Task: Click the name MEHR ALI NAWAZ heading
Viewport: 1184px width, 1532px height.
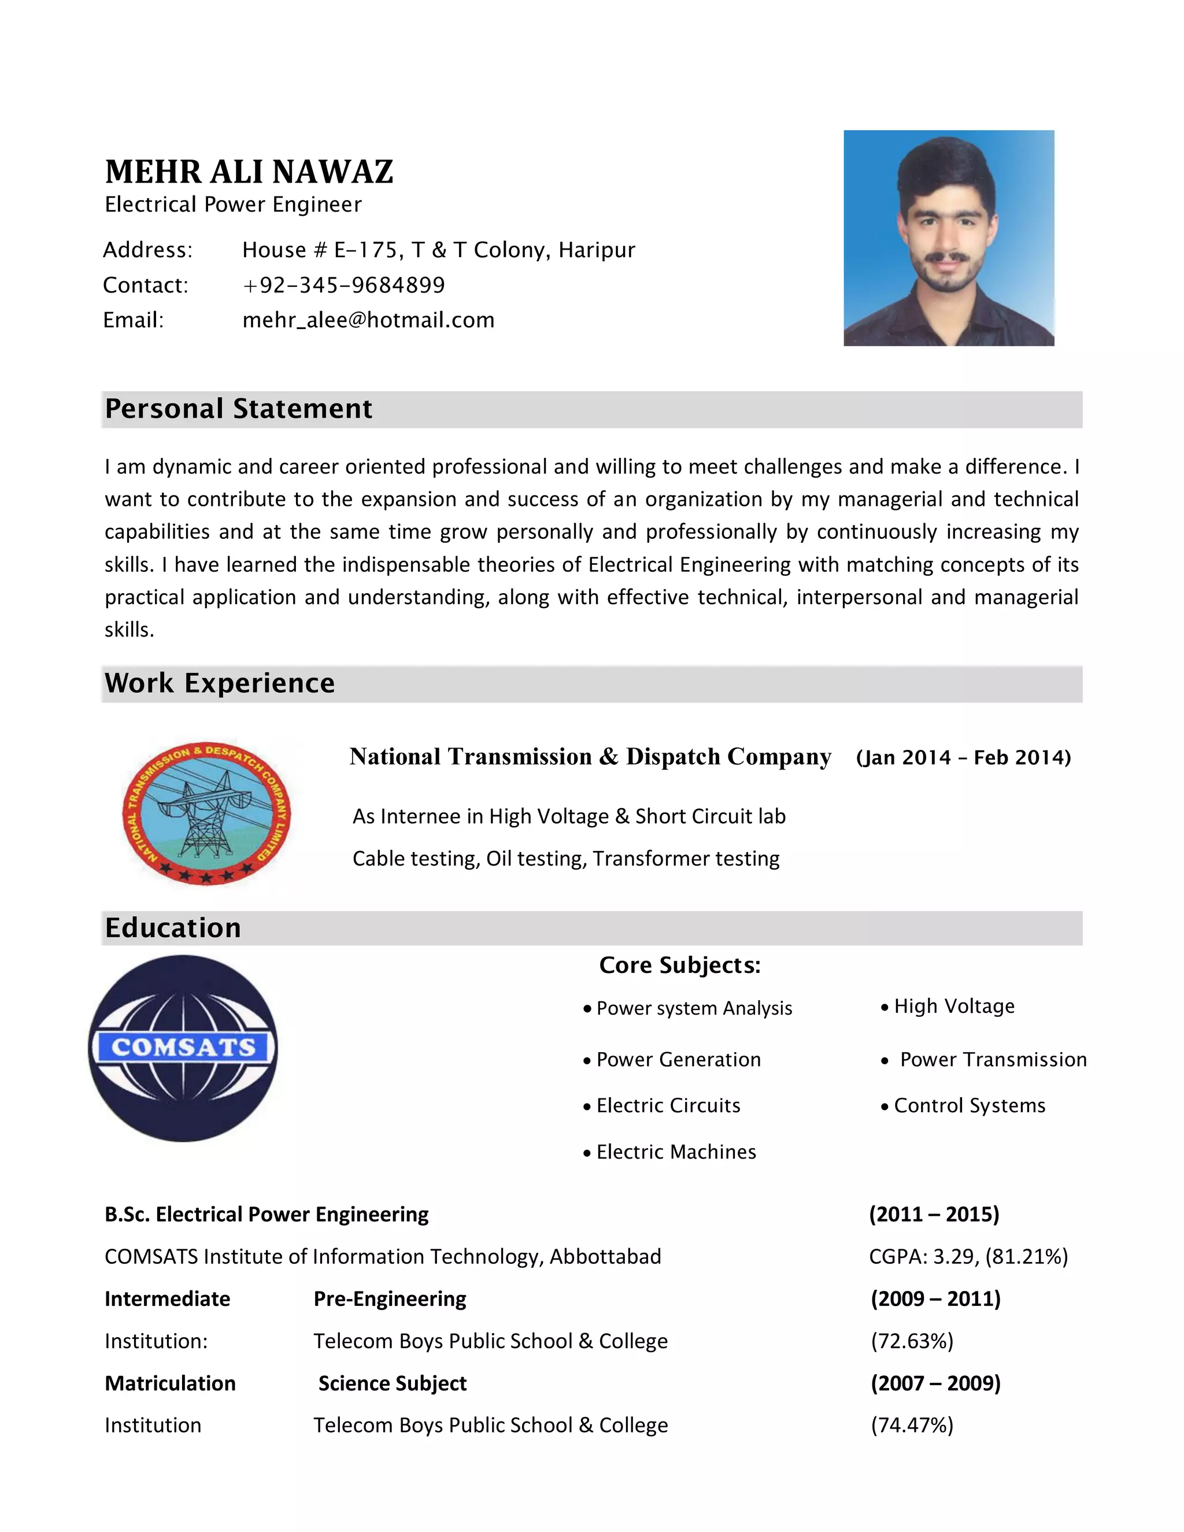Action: (x=249, y=172)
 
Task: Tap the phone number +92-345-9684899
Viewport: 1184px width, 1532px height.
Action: (x=344, y=286)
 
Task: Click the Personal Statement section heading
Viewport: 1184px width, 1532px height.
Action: (x=239, y=409)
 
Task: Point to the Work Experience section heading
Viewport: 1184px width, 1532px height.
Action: (x=220, y=683)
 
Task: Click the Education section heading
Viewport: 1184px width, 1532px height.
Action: (x=172, y=928)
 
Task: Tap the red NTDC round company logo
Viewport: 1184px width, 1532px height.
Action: (x=206, y=813)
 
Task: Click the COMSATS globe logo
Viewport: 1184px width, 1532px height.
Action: (x=183, y=1048)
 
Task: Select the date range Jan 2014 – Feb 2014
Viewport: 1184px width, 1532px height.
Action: (x=963, y=757)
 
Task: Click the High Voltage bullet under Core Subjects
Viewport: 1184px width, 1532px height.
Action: (x=954, y=1006)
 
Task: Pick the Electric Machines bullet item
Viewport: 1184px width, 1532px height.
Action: (x=675, y=1152)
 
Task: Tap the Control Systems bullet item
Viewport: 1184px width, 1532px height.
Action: (x=969, y=1105)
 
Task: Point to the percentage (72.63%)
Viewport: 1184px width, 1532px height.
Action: (x=912, y=1341)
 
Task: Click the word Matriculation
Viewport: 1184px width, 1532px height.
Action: (x=170, y=1383)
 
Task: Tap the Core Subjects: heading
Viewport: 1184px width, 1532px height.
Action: (x=679, y=965)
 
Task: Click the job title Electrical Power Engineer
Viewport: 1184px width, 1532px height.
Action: (x=233, y=205)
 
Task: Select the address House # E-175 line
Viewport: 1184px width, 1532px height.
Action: (x=438, y=250)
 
